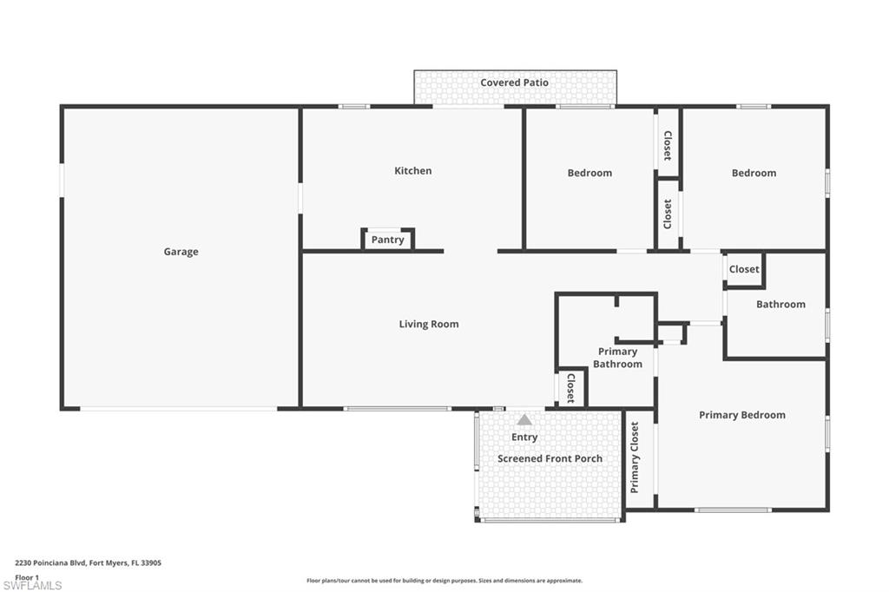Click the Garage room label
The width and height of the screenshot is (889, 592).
pyautogui.click(x=181, y=252)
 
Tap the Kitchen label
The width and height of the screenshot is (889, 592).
pyautogui.click(x=412, y=171)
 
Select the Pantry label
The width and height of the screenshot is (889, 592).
pyautogui.click(x=387, y=240)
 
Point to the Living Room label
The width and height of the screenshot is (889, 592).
pyautogui.click(x=429, y=325)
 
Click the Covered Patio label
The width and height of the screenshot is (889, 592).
pyautogui.click(x=514, y=83)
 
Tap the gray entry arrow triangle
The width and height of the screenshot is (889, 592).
pyautogui.click(x=524, y=420)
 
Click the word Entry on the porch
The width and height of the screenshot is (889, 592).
pyautogui.click(x=524, y=437)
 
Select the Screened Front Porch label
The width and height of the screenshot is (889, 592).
pyautogui.click(x=550, y=458)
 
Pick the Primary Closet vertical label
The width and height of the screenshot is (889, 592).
pyautogui.click(x=635, y=457)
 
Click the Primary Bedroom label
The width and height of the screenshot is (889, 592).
pyautogui.click(x=741, y=415)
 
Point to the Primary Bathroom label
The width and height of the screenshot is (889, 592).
pyautogui.click(x=617, y=358)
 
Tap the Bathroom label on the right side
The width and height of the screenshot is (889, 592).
pyautogui.click(x=780, y=305)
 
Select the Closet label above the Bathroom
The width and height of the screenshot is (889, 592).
pyautogui.click(x=744, y=270)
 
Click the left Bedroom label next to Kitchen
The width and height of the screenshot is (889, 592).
pyautogui.click(x=589, y=173)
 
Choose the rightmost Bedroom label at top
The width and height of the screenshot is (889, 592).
pyautogui.click(x=754, y=173)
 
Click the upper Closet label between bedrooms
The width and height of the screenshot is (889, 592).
pyautogui.click(x=667, y=146)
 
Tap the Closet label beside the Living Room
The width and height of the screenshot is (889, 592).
pyautogui.click(x=570, y=388)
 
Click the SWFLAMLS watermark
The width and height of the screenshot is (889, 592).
pyautogui.click(x=32, y=585)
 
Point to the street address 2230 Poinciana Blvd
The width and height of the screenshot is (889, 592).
pyautogui.click(x=88, y=562)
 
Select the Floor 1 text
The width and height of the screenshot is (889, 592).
pyautogui.click(x=27, y=576)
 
